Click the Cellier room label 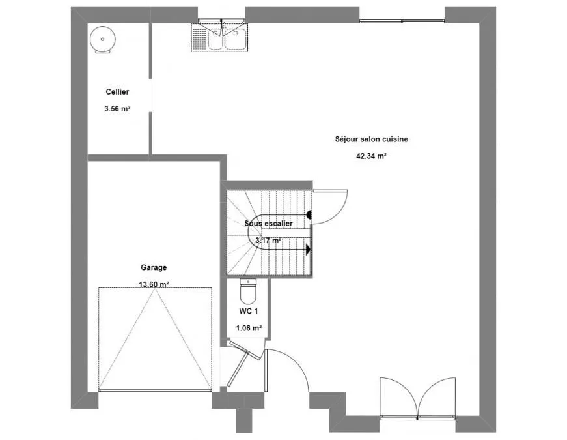click(x=117, y=92)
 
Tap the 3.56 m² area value click(x=117, y=108)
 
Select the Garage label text click(x=154, y=268)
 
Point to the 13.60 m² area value click(x=154, y=284)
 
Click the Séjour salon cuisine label click(x=371, y=139)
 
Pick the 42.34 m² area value click(x=371, y=156)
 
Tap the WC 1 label click(x=249, y=311)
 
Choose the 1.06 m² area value click(x=249, y=328)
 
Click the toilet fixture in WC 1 click(x=248, y=291)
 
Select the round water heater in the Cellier click(x=103, y=40)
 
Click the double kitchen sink click(x=227, y=38)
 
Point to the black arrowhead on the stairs click(x=308, y=250)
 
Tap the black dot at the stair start click(x=309, y=214)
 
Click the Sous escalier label click(x=268, y=224)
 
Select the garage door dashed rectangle click(x=155, y=340)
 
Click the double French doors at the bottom click(x=418, y=398)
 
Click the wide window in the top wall click(x=402, y=21)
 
